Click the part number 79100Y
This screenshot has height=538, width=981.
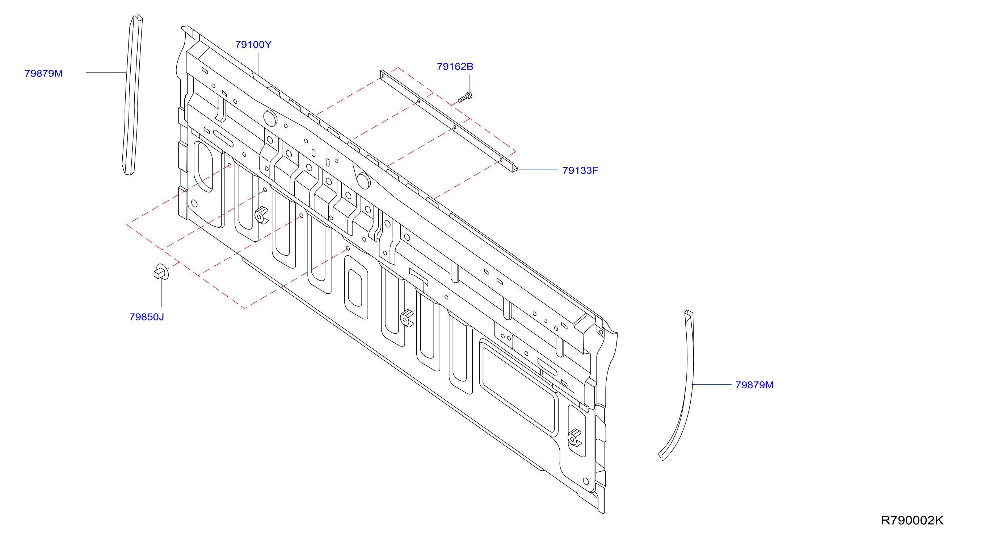coord(253,45)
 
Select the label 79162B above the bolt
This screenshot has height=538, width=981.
coord(455,67)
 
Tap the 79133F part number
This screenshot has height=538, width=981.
coord(580,170)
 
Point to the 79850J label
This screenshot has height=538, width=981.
coord(147,317)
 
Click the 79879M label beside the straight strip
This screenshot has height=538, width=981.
coord(43,73)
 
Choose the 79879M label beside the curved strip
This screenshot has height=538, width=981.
coord(754,385)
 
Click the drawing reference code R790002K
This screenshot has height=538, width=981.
coord(912,520)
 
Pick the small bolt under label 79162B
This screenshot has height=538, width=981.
coord(465,97)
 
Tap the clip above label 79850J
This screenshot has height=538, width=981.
coord(161,272)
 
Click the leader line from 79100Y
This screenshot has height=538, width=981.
coord(258,64)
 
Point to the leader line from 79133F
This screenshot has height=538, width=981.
coord(538,169)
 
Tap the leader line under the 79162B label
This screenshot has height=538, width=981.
coord(469,83)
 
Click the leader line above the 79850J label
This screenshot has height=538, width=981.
coord(161,293)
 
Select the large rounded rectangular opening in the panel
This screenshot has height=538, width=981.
coord(518,388)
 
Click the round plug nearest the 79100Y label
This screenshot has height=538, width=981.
coord(270,118)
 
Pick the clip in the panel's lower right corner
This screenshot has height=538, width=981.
coord(574,438)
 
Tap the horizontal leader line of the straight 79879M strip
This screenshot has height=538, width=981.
coord(105,72)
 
